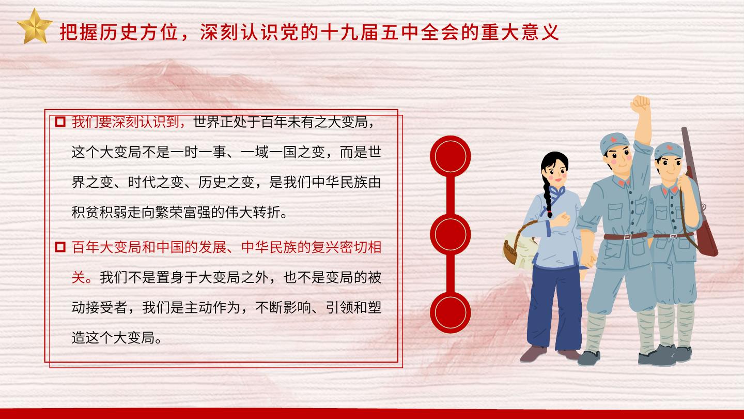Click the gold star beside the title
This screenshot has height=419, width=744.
[x=35, y=26]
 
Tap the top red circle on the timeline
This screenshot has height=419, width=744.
[x=451, y=156]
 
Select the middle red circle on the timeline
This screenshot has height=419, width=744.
[x=451, y=234]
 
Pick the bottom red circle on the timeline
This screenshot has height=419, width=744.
[x=451, y=312]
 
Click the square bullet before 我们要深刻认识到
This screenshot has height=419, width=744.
[x=60, y=122]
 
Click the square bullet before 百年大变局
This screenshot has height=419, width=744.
[x=60, y=247]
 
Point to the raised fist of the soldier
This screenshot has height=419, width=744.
[x=640, y=104]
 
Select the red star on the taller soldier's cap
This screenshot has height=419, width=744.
[x=613, y=139]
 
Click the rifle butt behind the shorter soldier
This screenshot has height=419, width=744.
[x=707, y=240]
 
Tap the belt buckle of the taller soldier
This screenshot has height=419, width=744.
[x=626, y=236]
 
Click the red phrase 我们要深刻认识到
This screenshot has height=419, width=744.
[x=126, y=122]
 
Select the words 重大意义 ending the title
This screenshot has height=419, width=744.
[x=520, y=32]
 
